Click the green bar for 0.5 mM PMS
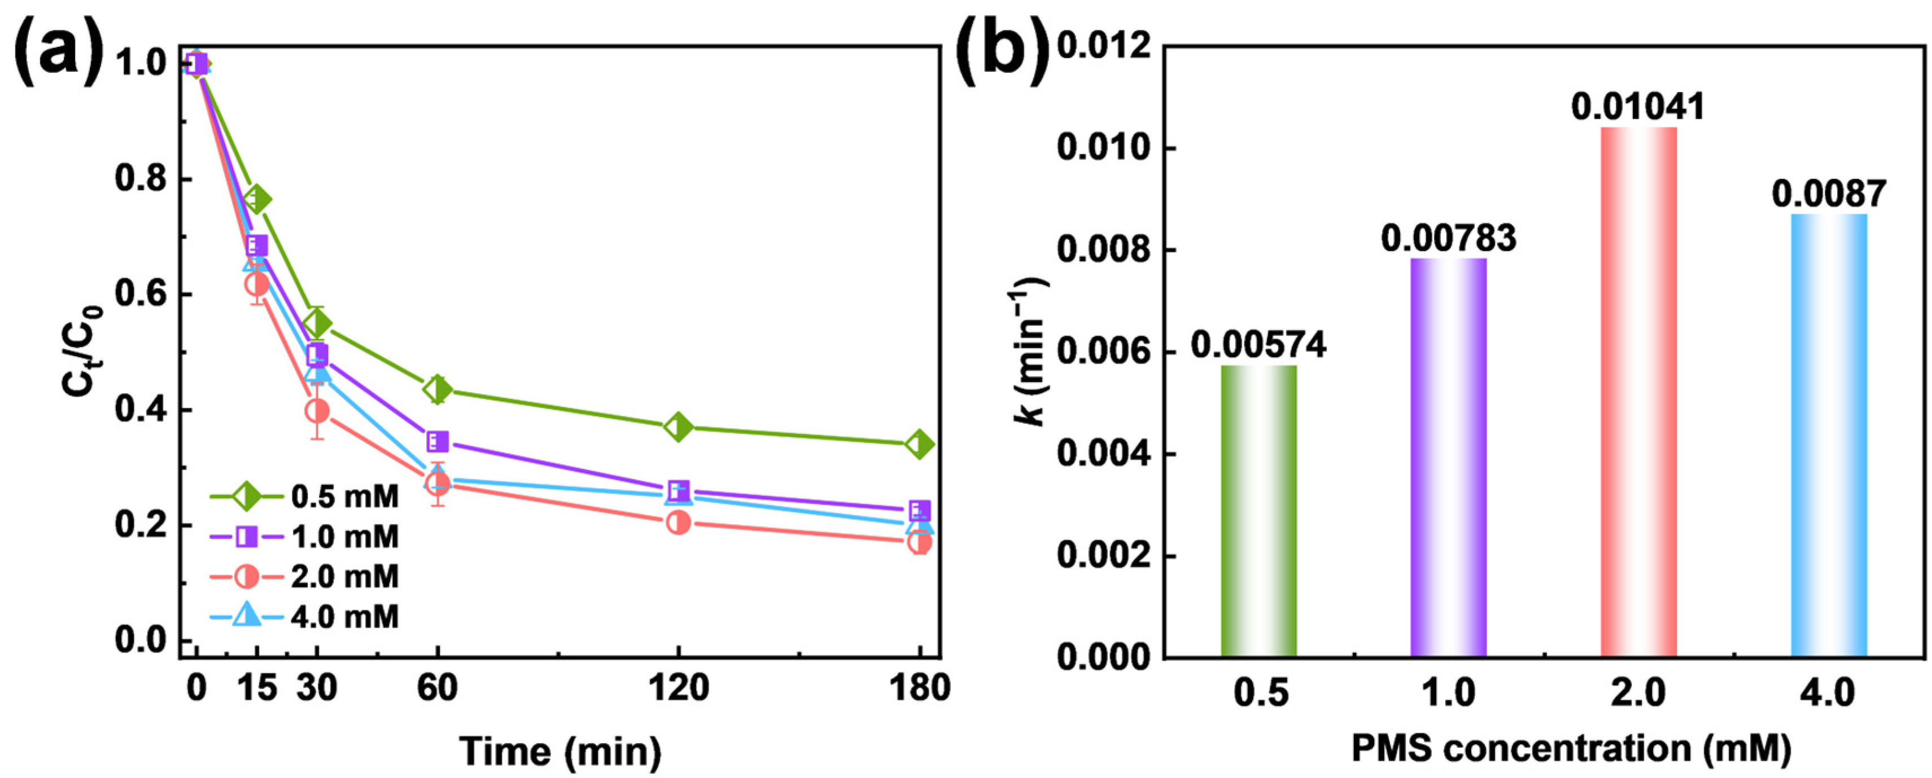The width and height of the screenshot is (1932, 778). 1258,511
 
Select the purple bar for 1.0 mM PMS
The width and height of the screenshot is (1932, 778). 1448,458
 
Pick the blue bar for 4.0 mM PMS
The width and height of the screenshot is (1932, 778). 1829,436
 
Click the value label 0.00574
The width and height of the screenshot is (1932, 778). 1258,345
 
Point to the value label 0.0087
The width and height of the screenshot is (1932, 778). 1829,194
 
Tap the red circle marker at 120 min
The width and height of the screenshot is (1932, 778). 678,522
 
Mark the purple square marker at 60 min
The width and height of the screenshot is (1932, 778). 437,441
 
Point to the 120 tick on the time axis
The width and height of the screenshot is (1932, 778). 678,687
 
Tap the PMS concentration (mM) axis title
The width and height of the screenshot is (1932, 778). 1571,748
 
